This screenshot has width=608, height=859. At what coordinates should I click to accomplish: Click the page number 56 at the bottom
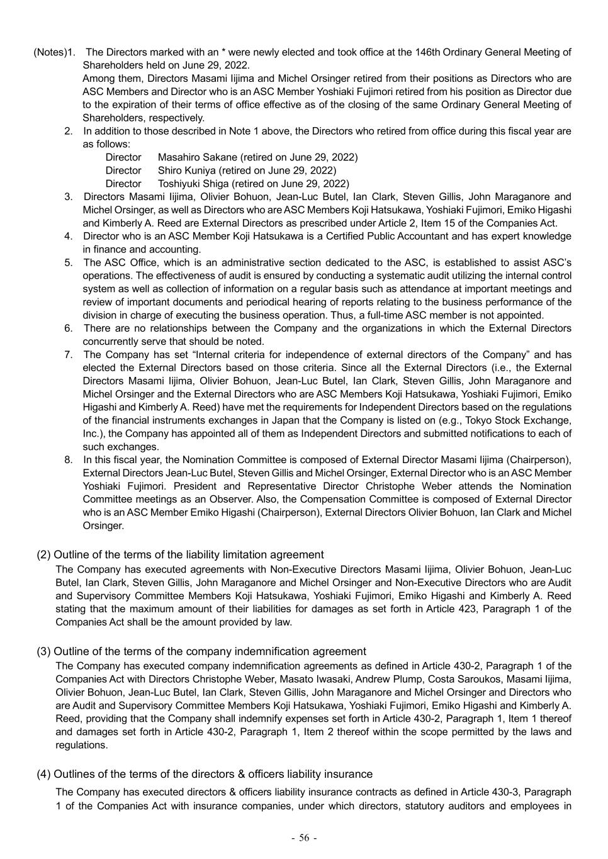click(305, 838)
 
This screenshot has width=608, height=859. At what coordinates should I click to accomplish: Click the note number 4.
click(68, 236)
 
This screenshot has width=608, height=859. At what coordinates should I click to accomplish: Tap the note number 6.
click(68, 328)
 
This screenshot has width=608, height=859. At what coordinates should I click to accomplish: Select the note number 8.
click(68, 460)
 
